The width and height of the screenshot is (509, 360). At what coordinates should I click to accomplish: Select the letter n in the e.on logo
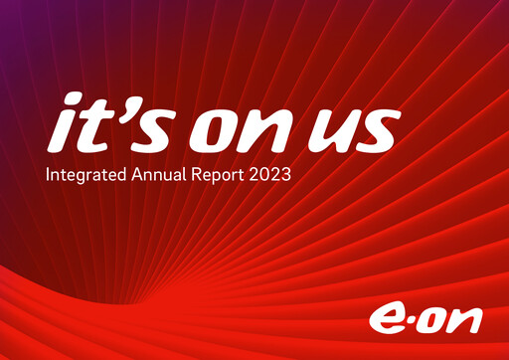(x=469, y=321)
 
